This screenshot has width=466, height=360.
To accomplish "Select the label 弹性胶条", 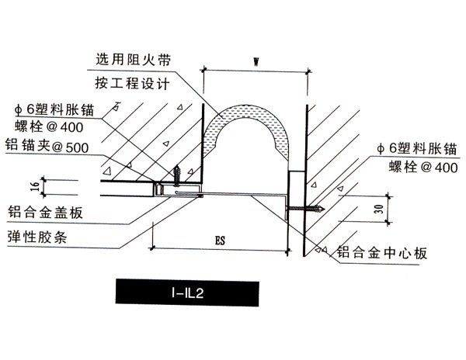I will tap(38, 237).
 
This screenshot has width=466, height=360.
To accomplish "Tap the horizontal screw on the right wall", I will tap(304, 207).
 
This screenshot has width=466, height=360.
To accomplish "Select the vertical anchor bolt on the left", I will tap(177, 172).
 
